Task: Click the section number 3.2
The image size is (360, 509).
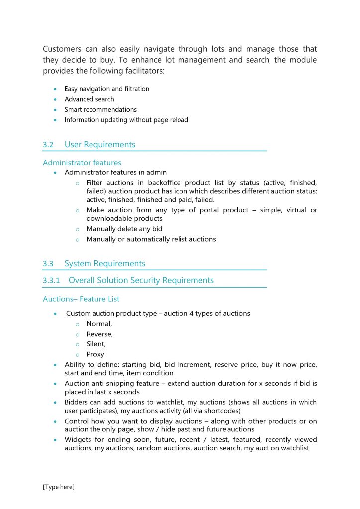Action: [x=48, y=145]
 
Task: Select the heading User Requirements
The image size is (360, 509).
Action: [x=99, y=145]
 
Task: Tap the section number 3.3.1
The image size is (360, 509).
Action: [x=51, y=280]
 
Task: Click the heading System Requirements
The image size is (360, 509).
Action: [x=104, y=264]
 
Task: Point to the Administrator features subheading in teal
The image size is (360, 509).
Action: [x=82, y=163]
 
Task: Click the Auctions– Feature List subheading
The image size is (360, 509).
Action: [x=81, y=299]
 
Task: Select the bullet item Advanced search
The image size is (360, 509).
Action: [x=89, y=99]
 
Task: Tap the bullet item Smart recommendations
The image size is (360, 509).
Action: [x=100, y=109]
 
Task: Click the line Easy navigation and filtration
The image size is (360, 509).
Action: [x=106, y=89]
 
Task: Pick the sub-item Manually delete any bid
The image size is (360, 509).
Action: [x=124, y=229]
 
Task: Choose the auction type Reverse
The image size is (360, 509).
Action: [x=99, y=334]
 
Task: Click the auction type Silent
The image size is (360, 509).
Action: [x=96, y=344]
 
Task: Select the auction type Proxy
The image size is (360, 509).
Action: [x=95, y=354]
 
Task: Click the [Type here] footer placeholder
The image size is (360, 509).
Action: [x=59, y=487]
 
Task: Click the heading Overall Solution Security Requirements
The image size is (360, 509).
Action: [x=141, y=280]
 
